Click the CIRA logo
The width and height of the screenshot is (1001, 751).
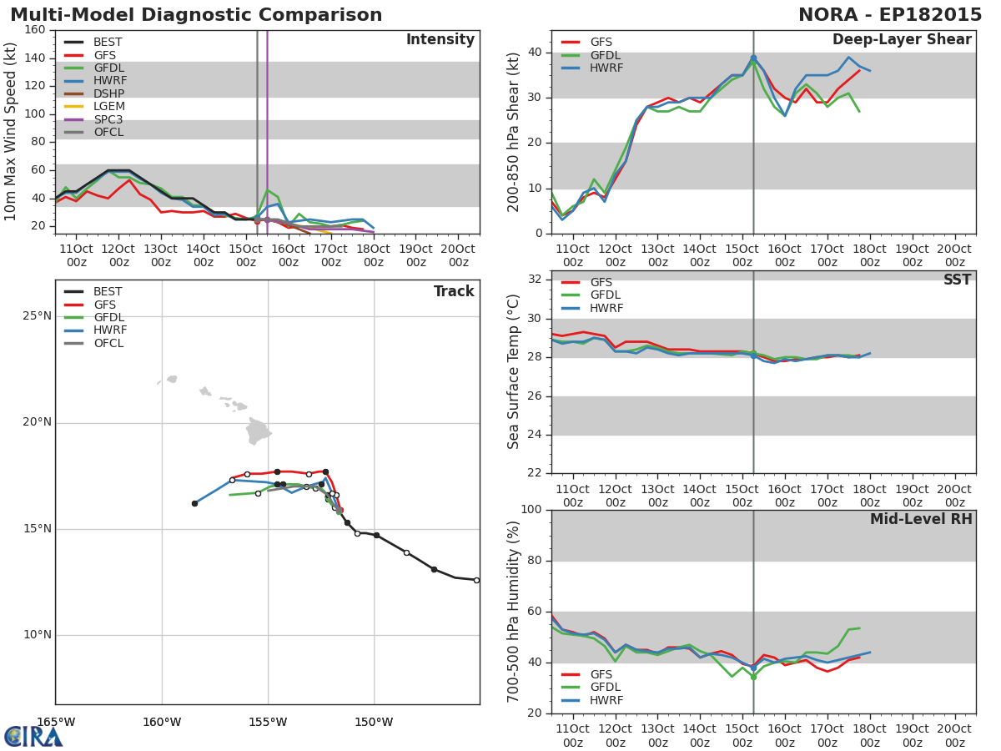(33, 737)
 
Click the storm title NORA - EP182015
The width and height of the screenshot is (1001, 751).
(890, 15)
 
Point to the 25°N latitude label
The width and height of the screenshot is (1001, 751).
(37, 316)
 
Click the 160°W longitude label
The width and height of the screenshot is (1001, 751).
(162, 723)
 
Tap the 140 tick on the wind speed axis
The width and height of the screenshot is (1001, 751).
(35, 58)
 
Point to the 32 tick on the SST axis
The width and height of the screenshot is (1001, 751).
(535, 280)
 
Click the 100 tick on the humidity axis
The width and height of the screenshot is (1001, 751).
(531, 510)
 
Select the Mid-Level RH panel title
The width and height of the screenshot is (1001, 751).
(921, 519)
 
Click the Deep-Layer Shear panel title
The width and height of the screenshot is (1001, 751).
(902, 40)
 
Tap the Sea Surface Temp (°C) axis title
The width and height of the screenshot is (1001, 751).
(513, 371)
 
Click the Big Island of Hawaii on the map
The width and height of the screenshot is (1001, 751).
(258, 431)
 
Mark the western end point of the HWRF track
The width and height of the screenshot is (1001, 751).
(194, 503)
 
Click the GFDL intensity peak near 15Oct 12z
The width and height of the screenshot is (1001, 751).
(268, 189)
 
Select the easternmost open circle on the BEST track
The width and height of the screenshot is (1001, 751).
(476, 580)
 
